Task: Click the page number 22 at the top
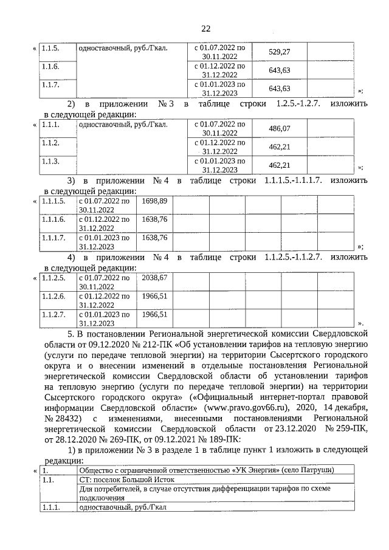(x=205, y=28)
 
